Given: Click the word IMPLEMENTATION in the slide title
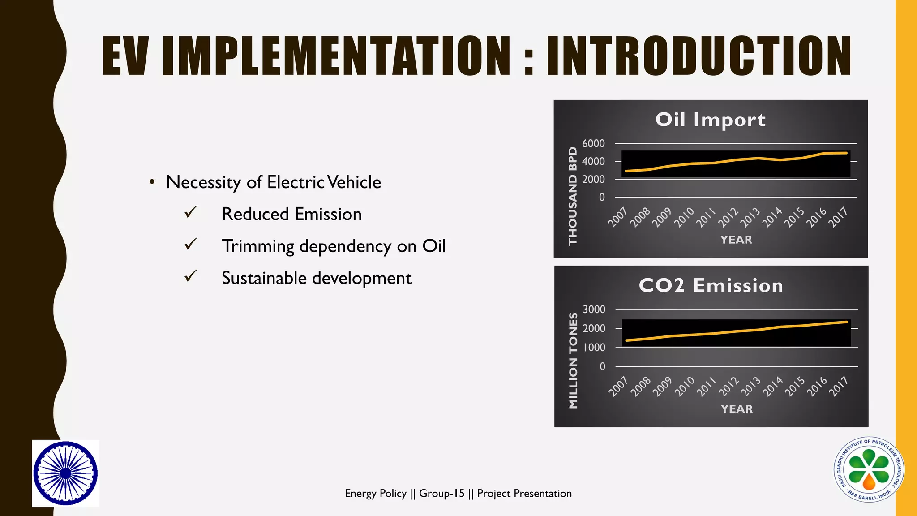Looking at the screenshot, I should (x=336, y=56).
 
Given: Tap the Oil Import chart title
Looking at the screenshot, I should (x=710, y=120).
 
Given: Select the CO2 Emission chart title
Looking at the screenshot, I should (x=711, y=286).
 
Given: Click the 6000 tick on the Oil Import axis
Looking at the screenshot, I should (x=593, y=143).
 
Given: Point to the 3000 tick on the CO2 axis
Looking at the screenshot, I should (x=594, y=310).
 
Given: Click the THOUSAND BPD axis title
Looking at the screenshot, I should (x=573, y=196).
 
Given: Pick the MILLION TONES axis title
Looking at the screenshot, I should (x=573, y=361).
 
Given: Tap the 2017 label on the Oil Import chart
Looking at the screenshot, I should (x=838, y=217).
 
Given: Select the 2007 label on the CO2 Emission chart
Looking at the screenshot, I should (x=618, y=386).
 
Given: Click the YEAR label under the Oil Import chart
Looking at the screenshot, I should (x=736, y=240).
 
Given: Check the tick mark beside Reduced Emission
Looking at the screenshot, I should (x=191, y=212).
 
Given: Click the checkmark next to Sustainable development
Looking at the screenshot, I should (x=191, y=276).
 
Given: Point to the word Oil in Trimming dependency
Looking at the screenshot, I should (x=434, y=246).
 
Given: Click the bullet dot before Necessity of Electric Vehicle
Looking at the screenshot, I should (x=152, y=182).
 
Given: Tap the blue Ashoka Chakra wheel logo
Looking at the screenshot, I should (x=65, y=473).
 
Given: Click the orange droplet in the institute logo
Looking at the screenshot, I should (x=869, y=482).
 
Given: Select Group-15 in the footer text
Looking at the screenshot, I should (x=441, y=493).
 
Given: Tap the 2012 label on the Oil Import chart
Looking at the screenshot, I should (x=728, y=217).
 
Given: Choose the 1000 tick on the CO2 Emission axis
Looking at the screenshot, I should (x=594, y=348).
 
